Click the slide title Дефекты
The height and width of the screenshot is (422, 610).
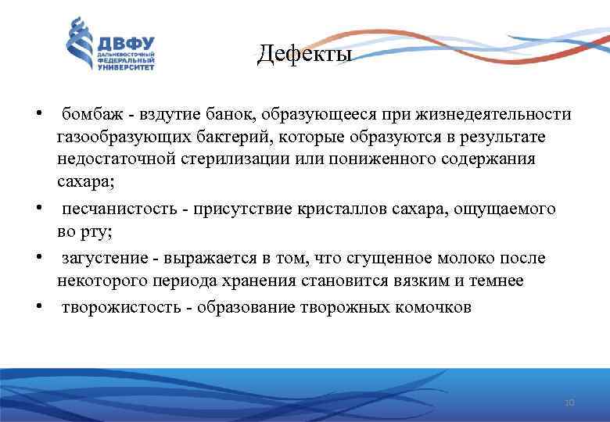point(305,55)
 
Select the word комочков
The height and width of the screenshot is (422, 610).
point(434,307)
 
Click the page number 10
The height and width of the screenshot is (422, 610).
point(569,402)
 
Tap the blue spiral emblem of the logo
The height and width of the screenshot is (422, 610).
point(78,43)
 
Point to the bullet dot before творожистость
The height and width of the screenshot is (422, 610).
point(38,305)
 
